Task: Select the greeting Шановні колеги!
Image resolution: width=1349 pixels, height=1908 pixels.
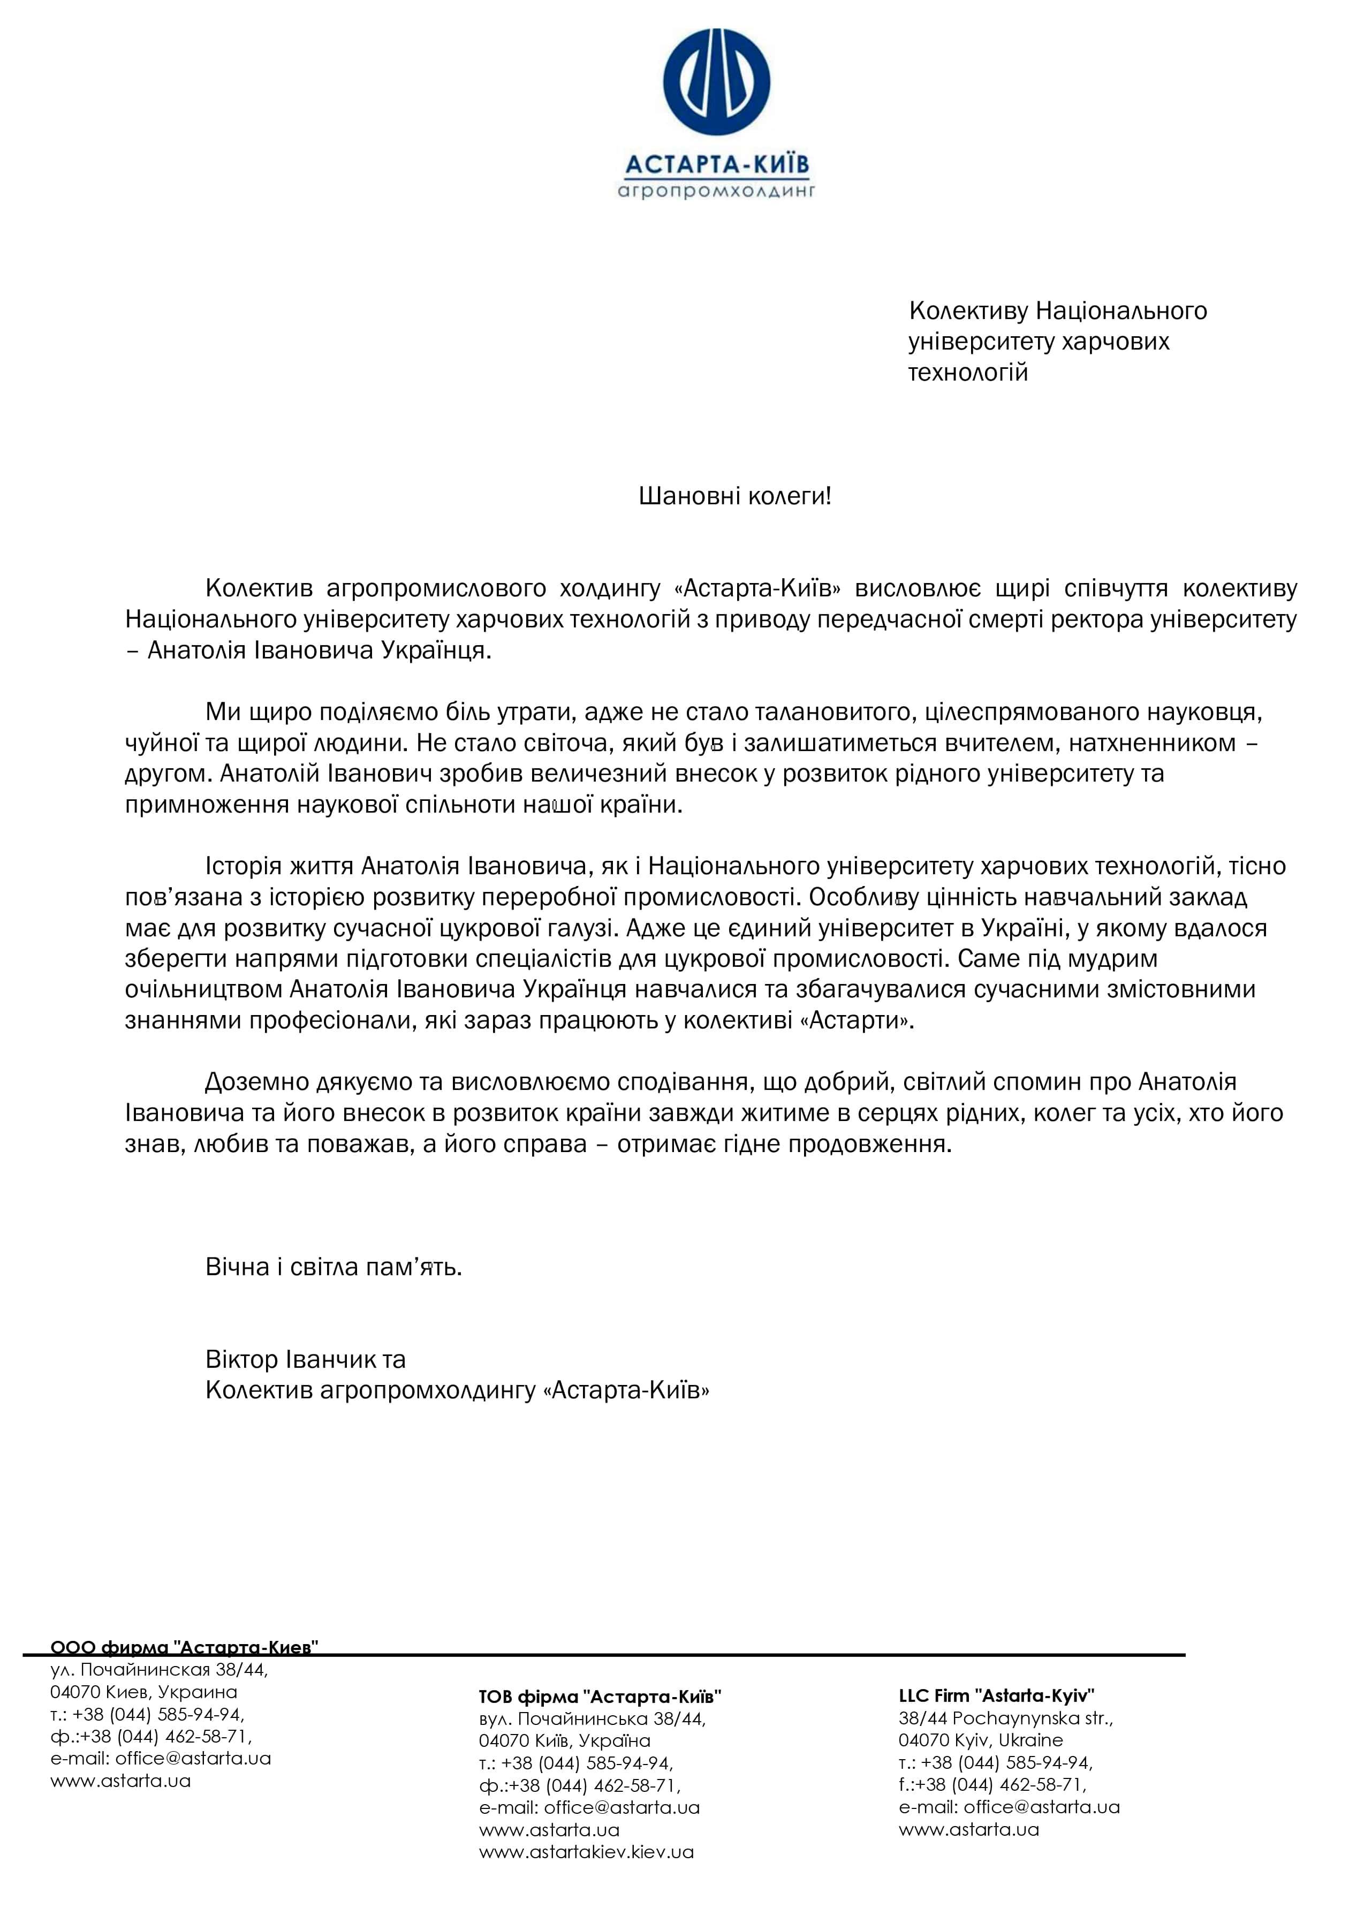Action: click(735, 496)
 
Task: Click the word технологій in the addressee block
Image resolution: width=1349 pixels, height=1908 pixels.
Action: click(967, 372)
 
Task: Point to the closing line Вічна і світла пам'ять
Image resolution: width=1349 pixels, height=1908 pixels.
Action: click(334, 1267)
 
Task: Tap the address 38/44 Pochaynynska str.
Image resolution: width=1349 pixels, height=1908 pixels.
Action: click(1005, 1718)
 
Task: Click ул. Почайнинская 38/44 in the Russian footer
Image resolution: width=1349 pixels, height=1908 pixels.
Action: click(159, 1670)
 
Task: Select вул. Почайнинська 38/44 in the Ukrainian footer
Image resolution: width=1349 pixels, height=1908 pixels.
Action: click(592, 1718)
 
